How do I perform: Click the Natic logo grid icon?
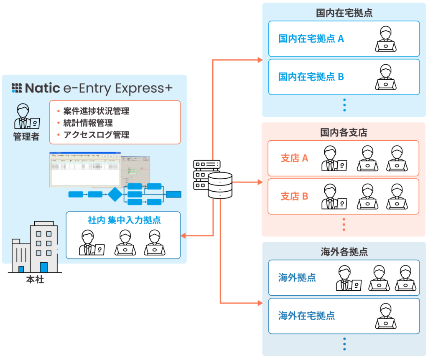point(16,88)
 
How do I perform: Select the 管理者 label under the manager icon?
point(26,137)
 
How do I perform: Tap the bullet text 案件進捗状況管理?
point(96,111)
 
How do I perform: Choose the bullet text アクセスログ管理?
point(96,134)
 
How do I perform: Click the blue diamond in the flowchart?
point(115,194)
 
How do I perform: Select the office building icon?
point(37,248)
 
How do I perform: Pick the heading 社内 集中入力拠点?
point(124,220)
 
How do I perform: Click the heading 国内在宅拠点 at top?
point(344,13)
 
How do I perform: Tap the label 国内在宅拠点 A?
point(311,39)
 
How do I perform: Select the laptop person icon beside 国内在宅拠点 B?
point(385,77)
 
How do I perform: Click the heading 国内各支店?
point(344,132)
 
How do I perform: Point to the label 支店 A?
point(294,158)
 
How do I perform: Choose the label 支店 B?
point(294,196)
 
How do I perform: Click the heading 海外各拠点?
point(344,252)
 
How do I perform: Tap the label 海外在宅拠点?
point(306,316)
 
